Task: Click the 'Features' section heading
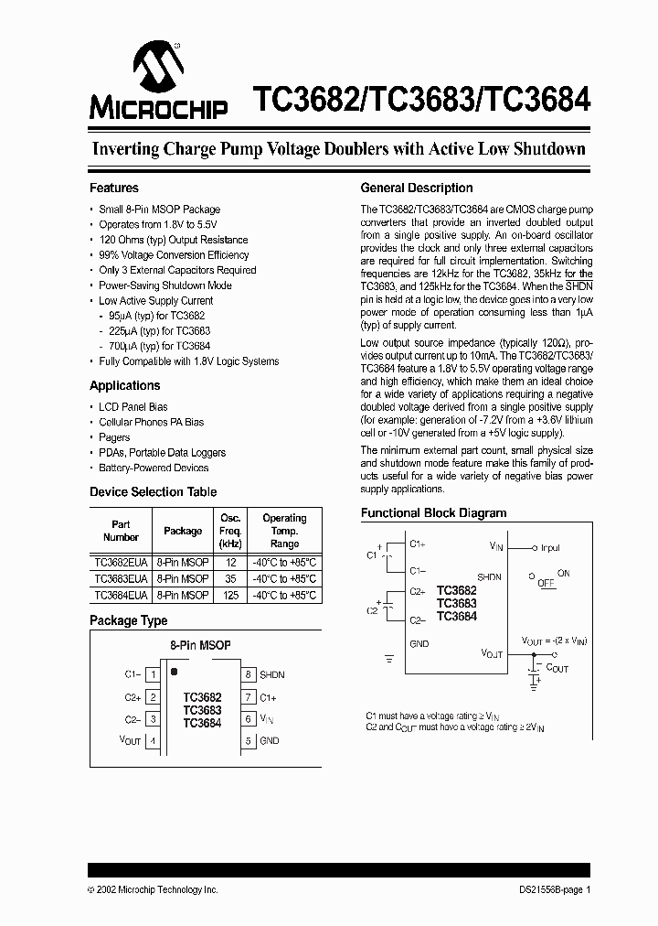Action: point(114,188)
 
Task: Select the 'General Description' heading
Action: point(417,188)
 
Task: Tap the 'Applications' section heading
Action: point(125,385)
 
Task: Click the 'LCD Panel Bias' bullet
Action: point(133,406)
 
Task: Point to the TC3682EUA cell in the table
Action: point(121,563)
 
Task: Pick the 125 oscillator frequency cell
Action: point(230,596)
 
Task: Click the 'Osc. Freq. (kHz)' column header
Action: point(230,530)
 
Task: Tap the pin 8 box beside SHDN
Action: point(248,674)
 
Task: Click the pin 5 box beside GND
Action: point(248,740)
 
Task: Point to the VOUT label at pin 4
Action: point(131,740)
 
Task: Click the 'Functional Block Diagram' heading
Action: point(433,513)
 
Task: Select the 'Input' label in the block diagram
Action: point(550,548)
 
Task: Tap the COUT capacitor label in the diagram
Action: point(557,668)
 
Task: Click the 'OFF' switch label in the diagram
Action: point(546,582)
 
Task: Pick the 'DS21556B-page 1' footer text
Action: point(550,889)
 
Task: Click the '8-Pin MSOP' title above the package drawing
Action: point(201,645)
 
